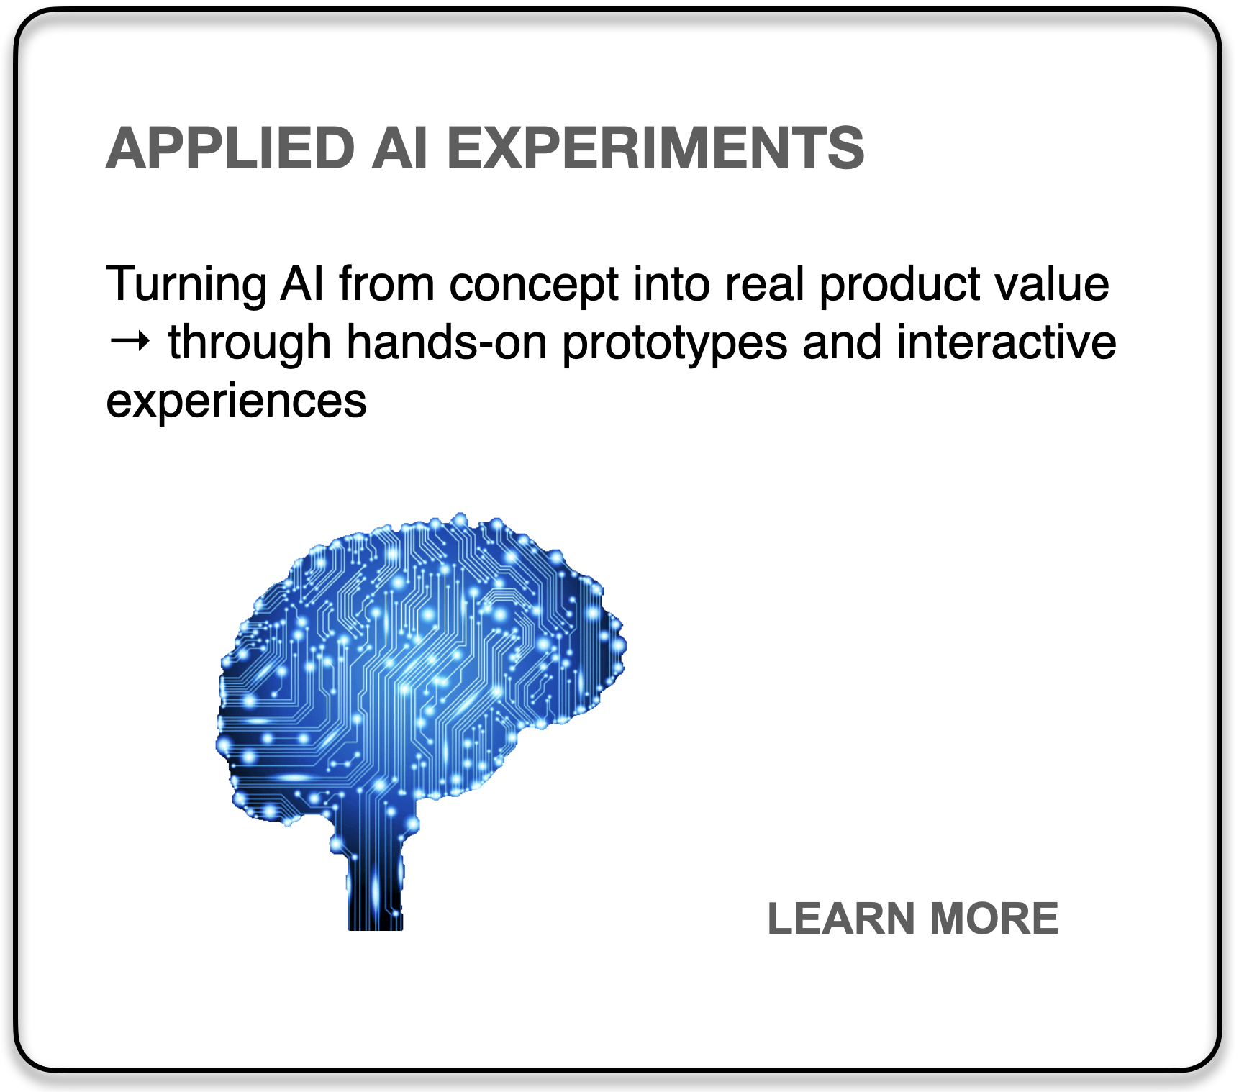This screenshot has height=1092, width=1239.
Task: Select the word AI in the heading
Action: pyautogui.click(x=400, y=148)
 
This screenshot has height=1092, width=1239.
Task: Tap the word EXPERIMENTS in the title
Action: pyautogui.click(x=655, y=148)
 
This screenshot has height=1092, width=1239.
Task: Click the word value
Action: pyautogui.click(x=1052, y=284)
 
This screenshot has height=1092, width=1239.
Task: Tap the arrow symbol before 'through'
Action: pyautogui.click(x=130, y=341)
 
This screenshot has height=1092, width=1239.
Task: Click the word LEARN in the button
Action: pyautogui.click(x=841, y=919)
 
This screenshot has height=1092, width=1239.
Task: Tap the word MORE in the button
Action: pyautogui.click(x=994, y=919)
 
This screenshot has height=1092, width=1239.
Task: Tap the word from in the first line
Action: pyautogui.click(x=387, y=284)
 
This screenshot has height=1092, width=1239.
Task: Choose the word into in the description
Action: pyautogui.click(x=671, y=284)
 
